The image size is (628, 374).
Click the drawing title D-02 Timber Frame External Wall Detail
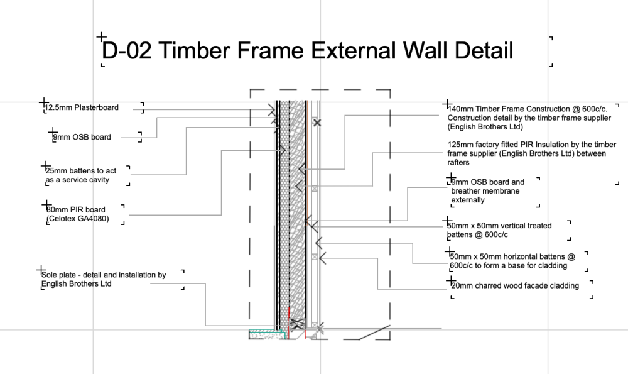[307, 51]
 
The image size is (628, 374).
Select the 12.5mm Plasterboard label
[82, 107]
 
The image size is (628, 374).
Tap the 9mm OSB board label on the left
[82, 137]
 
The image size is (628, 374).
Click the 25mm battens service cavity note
[81, 175]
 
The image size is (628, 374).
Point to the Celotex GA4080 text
[78, 219]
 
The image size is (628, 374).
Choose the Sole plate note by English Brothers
[104, 279]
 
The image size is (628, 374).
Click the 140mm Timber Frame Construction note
[529, 118]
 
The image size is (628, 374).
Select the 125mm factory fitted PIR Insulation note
[531, 153]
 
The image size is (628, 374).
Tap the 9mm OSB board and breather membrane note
[488, 191]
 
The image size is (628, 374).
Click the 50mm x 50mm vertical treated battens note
[499, 230]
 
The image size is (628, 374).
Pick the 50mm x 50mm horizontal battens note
[512, 261]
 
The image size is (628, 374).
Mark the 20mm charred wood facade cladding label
[515, 286]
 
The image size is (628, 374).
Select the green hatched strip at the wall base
[266, 331]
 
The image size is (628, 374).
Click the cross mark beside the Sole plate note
[41, 270]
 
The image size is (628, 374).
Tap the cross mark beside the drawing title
[101, 37]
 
